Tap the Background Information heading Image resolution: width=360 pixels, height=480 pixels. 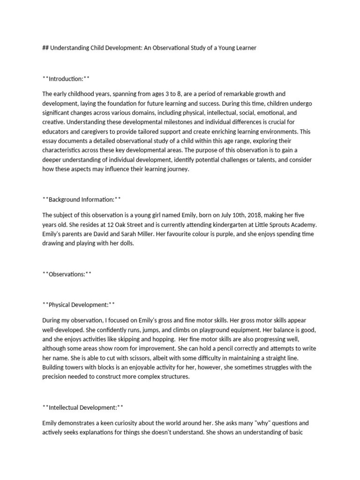(82, 200)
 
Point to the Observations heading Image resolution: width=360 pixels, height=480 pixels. (67, 274)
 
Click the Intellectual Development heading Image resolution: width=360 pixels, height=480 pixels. (83, 407)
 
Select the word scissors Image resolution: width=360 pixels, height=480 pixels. (132, 358)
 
